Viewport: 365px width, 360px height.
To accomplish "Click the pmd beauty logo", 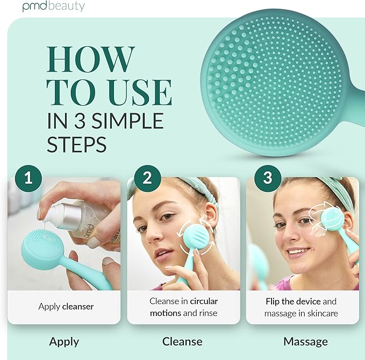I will click(53, 6).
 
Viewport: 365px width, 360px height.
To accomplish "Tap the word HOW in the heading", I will click(90, 60).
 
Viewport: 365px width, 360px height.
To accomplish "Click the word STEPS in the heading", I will click(76, 144).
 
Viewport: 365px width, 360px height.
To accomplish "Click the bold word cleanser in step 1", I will click(78, 307).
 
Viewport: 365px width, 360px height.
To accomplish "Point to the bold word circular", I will click(200, 301).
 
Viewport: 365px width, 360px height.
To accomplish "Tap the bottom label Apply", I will click(64, 341).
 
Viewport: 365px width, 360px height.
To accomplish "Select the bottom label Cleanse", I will click(183, 341).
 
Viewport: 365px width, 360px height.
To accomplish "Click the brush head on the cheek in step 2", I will click(195, 237).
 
